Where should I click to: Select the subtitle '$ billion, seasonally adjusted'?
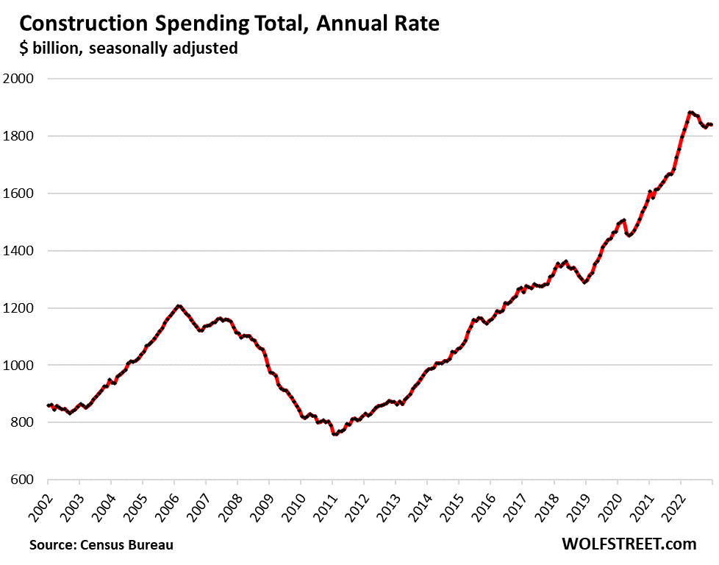pos(128,49)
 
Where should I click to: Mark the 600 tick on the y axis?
pos(24,480)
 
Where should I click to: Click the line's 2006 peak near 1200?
pos(178,306)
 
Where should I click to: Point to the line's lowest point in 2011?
pos(335,434)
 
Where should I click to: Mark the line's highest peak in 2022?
pos(690,113)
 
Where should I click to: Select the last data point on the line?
pos(711,125)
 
